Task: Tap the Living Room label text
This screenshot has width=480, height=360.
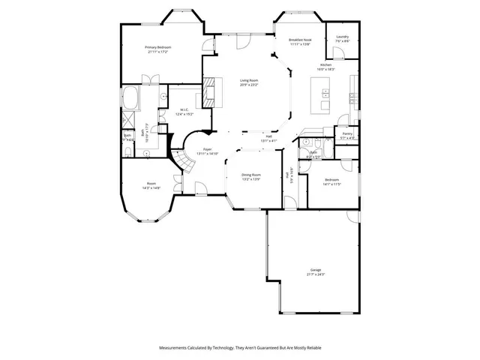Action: pos(249,79)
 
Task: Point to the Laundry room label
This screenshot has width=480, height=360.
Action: pos(343,36)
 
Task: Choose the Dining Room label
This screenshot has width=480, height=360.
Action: pos(251,174)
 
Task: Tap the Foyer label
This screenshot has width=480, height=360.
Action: pos(210,149)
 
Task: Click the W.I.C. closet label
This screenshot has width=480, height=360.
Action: pos(184,109)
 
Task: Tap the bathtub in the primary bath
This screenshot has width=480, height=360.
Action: pos(131,97)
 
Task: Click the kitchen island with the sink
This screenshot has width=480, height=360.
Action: pos(325,94)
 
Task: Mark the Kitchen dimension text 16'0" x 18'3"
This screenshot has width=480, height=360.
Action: pos(325,70)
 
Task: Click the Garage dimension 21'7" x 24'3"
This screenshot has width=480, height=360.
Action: pos(316,274)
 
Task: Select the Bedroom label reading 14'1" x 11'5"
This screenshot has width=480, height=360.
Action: pos(332,184)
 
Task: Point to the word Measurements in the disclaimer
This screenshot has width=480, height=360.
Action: pos(175,347)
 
